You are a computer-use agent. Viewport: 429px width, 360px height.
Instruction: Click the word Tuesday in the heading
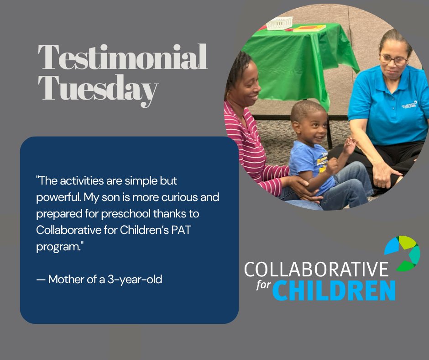pos(98,89)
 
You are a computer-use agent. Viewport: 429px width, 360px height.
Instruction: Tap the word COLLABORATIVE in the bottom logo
pos(316,270)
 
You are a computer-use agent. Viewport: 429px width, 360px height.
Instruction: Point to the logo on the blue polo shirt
pos(409,105)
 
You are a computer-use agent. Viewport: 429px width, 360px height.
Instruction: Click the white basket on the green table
pos(280,23)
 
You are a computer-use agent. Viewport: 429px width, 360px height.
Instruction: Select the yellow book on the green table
pos(309,28)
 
